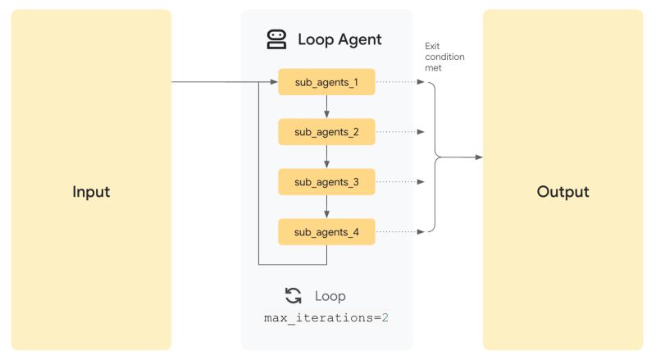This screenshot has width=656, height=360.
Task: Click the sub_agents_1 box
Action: point(326,82)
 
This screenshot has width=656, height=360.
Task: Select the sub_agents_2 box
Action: point(326,132)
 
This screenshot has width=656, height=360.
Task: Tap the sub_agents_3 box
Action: point(326,182)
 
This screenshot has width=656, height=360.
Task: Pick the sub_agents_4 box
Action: point(326,232)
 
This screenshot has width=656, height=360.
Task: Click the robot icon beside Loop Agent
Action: point(277,39)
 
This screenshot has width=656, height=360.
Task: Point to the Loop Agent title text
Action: point(339,39)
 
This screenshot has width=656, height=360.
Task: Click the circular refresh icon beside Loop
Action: point(293,296)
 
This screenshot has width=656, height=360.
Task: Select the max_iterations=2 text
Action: point(326,317)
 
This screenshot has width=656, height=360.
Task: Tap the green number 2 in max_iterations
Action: point(385,317)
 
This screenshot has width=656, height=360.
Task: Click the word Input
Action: point(91,192)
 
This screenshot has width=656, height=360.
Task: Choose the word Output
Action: point(563,192)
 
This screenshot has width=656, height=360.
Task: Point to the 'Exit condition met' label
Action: point(444,57)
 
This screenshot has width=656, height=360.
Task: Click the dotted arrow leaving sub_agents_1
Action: point(400,82)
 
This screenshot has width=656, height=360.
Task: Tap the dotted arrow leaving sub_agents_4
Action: point(400,232)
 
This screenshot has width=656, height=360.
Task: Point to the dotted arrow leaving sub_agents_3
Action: point(400,182)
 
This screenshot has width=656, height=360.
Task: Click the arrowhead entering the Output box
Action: point(478,157)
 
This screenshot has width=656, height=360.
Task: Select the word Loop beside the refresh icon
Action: point(330,296)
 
